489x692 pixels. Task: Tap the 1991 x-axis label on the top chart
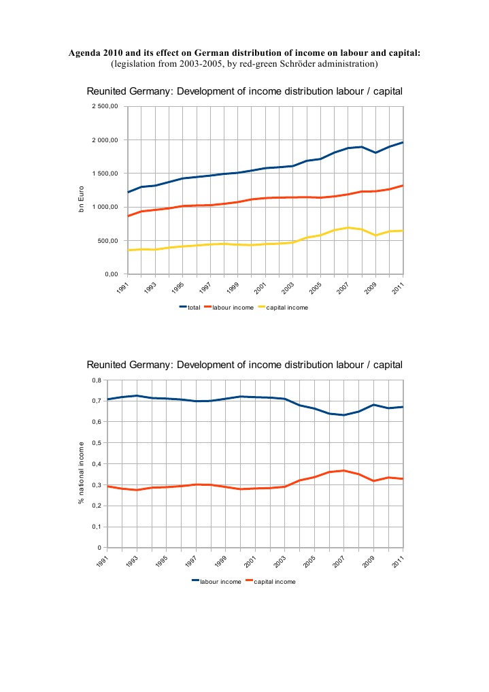[x=122, y=289]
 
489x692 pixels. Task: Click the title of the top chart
[x=245, y=92]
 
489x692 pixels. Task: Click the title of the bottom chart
[x=245, y=365]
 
